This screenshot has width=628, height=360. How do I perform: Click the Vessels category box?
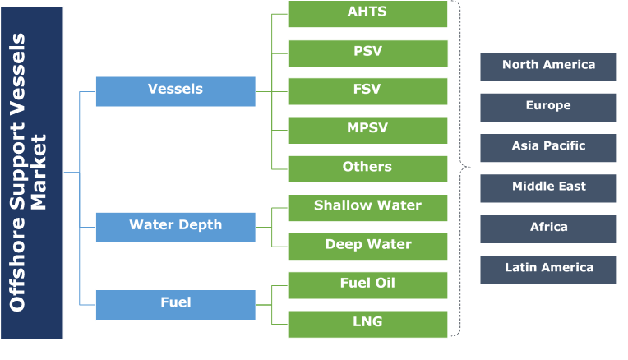pos(175,90)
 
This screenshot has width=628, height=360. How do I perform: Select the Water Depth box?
pos(175,226)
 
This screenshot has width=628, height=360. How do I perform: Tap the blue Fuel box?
pos(175,304)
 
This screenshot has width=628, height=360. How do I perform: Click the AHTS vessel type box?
pos(367,13)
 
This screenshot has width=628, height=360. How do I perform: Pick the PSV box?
pos(367,53)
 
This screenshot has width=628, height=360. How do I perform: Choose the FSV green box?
pos(367,91)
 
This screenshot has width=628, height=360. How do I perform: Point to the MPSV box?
pos(367,130)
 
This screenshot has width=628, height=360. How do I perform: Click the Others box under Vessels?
pos(367,168)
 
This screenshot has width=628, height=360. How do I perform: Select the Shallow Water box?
pos(367,207)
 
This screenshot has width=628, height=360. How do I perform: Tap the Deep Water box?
pos(367,246)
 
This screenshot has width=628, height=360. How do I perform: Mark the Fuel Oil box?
pos(367,284)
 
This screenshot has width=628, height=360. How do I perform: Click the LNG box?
pos(367,323)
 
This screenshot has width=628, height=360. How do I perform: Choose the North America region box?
pos(548,67)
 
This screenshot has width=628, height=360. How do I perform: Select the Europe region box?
pos(548,107)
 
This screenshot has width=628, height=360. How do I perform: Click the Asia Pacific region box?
pos(548,147)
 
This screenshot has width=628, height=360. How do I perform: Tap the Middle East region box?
pos(548,187)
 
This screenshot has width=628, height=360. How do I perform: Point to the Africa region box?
pos(548,228)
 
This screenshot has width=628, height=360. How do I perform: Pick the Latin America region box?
pos(548,269)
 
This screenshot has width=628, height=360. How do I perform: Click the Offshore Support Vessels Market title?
pos(31,173)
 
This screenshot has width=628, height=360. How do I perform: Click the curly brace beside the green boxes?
pos(462,168)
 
